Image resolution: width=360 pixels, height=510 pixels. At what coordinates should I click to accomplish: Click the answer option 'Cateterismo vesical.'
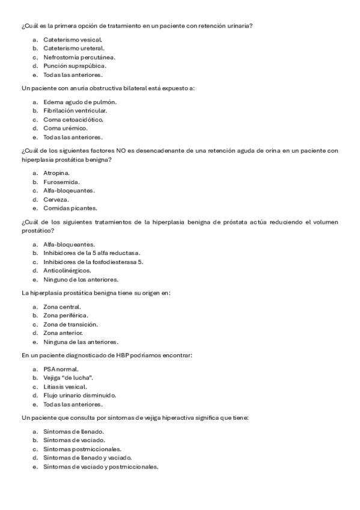[68, 39]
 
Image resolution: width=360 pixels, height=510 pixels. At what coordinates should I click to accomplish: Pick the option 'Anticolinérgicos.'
[67, 271]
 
